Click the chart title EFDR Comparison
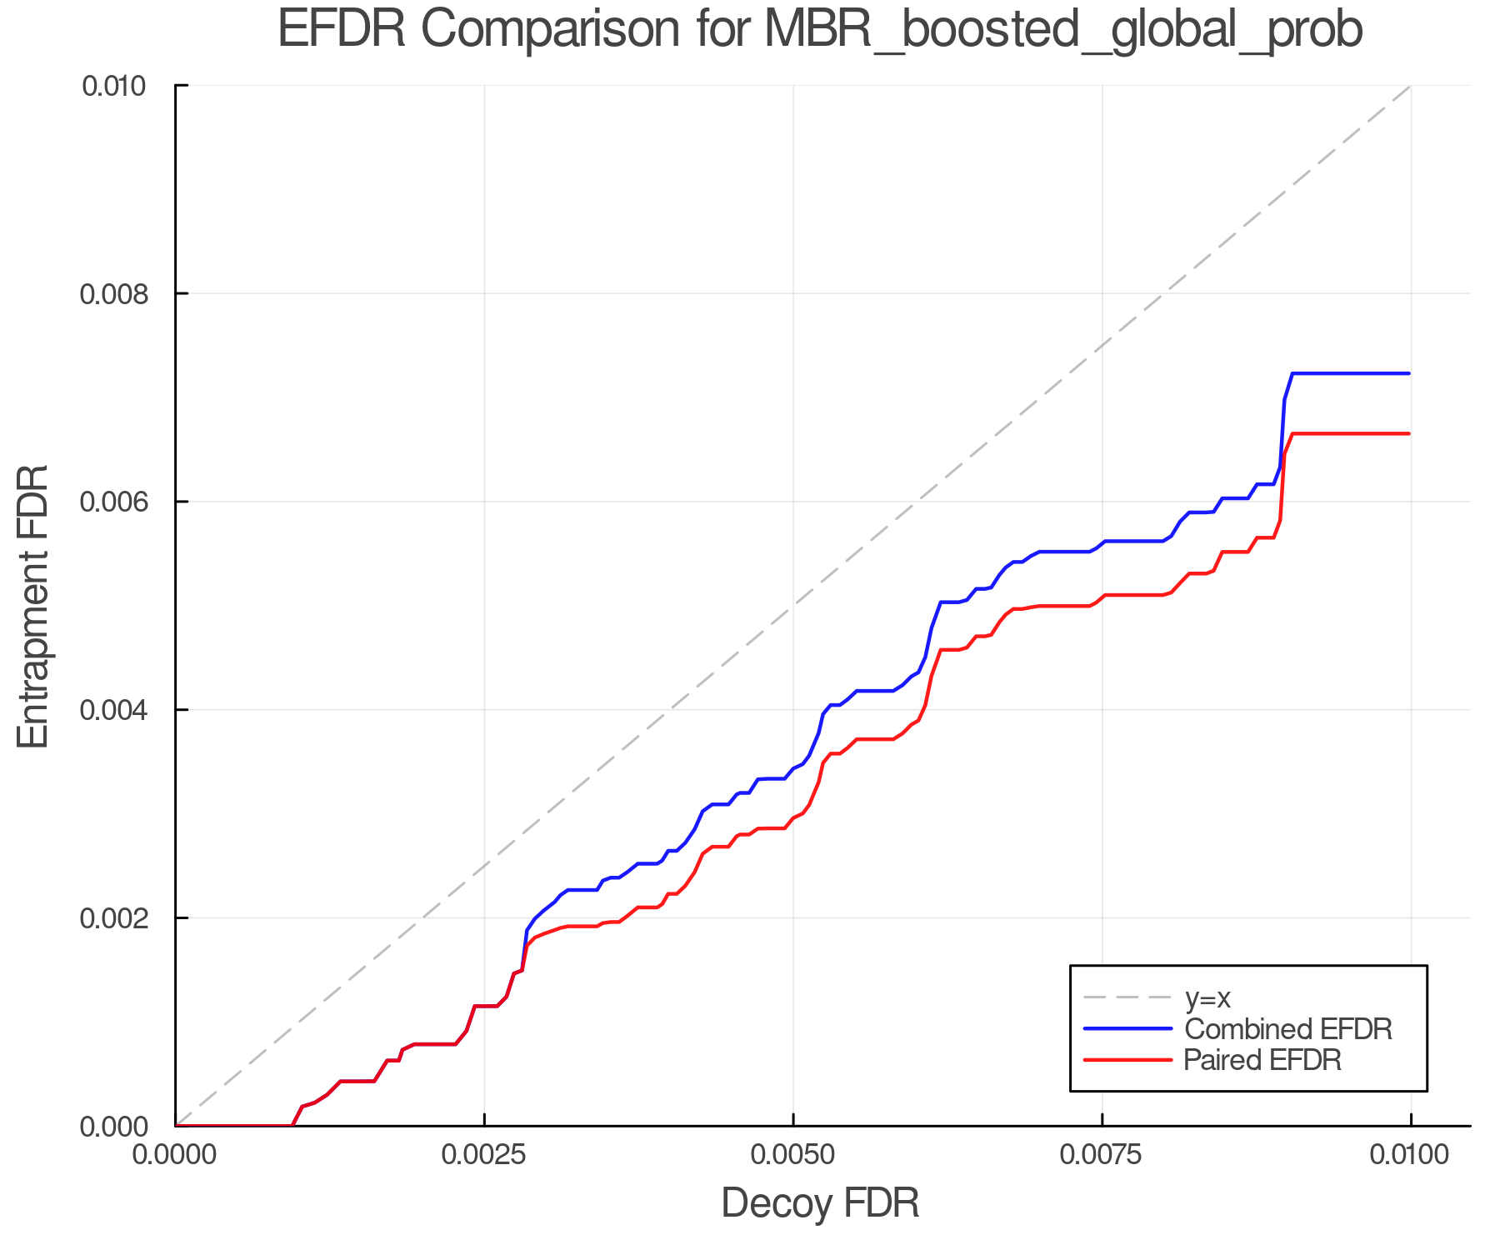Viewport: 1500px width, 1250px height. [x=819, y=30]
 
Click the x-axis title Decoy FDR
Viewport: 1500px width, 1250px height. [x=820, y=1202]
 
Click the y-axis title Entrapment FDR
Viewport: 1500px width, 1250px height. [x=34, y=607]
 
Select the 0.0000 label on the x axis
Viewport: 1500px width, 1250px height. [x=175, y=1155]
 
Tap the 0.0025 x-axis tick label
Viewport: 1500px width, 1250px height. [x=484, y=1155]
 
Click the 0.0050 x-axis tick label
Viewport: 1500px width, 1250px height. [x=792, y=1155]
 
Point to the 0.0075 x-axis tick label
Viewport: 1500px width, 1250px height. [x=1102, y=1155]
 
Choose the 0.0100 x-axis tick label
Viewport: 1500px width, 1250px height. [x=1410, y=1155]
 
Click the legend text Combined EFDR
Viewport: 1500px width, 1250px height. [x=1287, y=1029]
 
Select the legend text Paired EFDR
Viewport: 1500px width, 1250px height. [x=1262, y=1060]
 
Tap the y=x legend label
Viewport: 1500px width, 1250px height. [x=1207, y=997]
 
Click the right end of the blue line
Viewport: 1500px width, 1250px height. [x=1409, y=373]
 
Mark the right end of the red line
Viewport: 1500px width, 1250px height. [x=1409, y=433]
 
